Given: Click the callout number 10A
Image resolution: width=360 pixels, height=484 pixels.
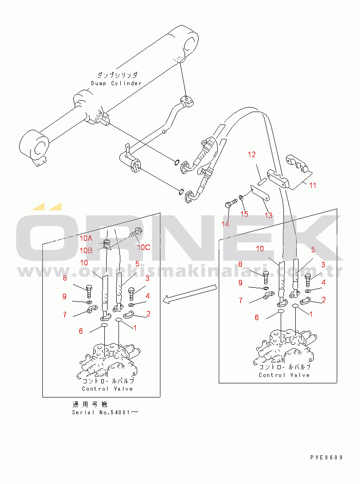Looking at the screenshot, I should [86, 238].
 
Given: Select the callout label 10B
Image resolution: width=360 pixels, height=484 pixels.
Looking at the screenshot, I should [86, 250].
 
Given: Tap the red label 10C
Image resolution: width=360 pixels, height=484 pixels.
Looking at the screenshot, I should [144, 247].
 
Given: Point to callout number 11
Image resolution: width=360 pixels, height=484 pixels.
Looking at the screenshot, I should [312, 185].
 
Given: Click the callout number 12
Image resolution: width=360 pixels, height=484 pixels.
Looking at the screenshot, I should [252, 155].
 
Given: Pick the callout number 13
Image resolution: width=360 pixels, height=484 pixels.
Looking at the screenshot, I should [268, 215].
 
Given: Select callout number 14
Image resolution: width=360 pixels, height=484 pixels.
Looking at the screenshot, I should [226, 224].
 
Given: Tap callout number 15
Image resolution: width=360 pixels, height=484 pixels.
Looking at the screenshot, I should [245, 214].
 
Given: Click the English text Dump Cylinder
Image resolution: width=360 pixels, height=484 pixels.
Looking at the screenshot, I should [117, 83].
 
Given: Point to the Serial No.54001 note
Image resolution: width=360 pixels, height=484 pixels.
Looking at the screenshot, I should [105, 412].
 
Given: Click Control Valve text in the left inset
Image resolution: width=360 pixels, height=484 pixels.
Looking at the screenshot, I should [108, 389].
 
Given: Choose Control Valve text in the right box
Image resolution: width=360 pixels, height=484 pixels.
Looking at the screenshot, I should [284, 375].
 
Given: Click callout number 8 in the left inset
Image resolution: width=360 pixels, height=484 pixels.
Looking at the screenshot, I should [65, 278].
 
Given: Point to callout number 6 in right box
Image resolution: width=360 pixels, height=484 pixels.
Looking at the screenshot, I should [257, 317].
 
